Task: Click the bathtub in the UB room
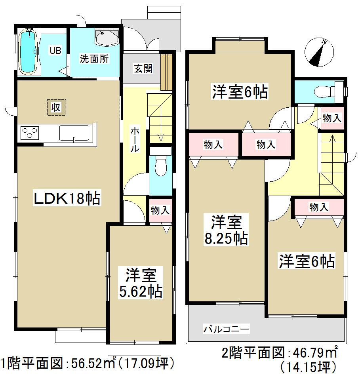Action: pyautogui.click(x=29, y=51)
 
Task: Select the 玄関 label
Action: pyautogui.click(x=143, y=69)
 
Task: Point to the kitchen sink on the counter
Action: pyautogui.click(x=74, y=133)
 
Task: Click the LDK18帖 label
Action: pyautogui.click(x=67, y=198)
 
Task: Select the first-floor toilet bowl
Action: pyautogui.click(x=162, y=166)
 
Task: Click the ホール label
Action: pyautogui.click(x=135, y=139)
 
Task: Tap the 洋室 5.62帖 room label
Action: pyautogui.click(x=141, y=283)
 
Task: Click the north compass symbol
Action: pyautogui.click(x=319, y=52)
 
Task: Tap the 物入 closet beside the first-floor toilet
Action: pyautogui.click(x=160, y=210)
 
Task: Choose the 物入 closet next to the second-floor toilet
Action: pyautogui.click(x=332, y=118)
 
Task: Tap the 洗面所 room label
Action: pyautogui.click(x=94, y=60)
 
